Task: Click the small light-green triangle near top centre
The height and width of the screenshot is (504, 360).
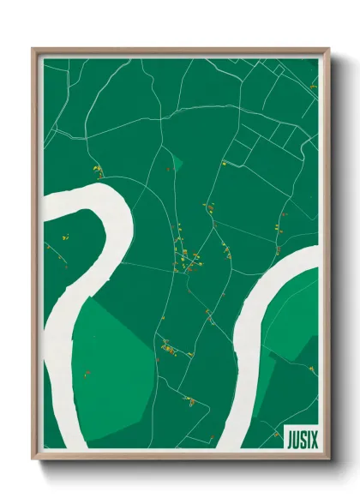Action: [x=177, y=161]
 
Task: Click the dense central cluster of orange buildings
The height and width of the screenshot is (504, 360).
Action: [x=187, y=257]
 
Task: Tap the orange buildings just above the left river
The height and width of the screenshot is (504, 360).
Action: [x=97, y=171]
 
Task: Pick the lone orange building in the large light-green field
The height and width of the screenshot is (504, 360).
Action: [x=87, y=373]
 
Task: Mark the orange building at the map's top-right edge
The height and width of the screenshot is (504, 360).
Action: [x=313, y=86]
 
